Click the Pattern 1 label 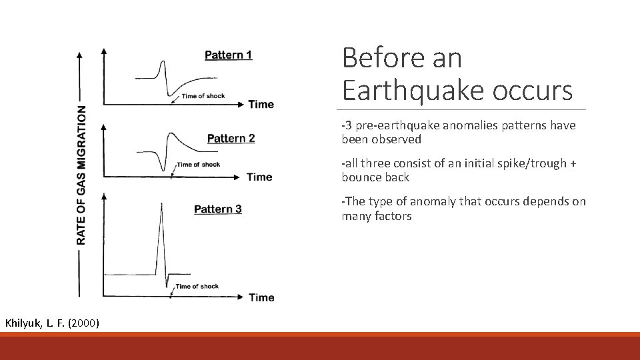[228, 55]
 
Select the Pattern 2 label [231, 139]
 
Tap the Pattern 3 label [217, 209]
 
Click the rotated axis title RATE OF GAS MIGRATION [81, 175]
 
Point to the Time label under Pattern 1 [261, 104]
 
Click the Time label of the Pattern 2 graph [259, 177]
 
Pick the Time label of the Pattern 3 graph [261, 297]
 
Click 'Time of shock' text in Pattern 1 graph [203, 96]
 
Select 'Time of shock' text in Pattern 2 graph [198, 165]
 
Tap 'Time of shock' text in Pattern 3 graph [197, 287]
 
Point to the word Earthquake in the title [414, 90]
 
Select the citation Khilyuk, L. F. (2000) [52, 323]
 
